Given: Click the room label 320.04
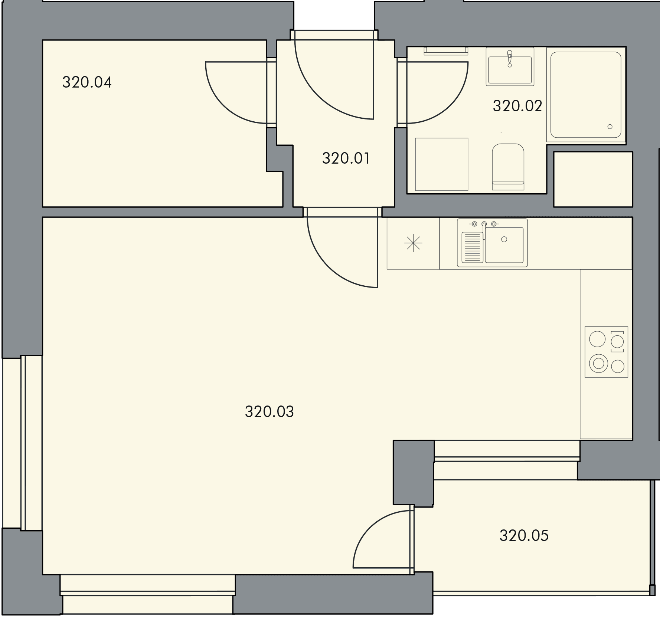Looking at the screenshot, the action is (x=87, y=82).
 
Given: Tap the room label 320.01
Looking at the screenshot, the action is (x=346, y=158).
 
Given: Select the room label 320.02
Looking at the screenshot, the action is (x=517, y=106).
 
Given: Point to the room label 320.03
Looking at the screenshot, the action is (x=269, y=412).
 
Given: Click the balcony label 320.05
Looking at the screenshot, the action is (x=524, y=536).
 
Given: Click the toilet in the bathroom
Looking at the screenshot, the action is (x=508, y=167).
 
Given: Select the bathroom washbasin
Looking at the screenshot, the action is (x=510, y=66).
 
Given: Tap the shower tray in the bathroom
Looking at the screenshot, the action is (x=586, y=95).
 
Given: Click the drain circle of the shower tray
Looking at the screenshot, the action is (x=610, y=127).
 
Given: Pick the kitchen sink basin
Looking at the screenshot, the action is (x=504, y=244).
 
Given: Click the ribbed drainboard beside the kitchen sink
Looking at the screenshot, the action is (x=472, y=247).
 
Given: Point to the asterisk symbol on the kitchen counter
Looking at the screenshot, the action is (x=413, y=243).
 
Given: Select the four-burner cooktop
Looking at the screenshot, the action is (x=606, y=352).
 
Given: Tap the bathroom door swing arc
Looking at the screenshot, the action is (x=450, y=105).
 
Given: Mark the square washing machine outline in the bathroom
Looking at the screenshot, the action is (x=441, y=164).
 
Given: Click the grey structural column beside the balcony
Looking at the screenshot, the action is (x=414, y=473).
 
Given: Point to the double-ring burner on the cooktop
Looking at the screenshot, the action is (x=598, y=364).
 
